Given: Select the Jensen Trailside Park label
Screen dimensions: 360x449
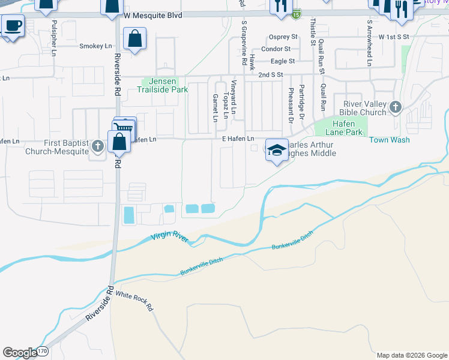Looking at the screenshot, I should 165,86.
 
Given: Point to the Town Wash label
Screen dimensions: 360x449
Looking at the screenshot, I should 389,140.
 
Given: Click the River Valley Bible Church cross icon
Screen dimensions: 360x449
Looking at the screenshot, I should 395,108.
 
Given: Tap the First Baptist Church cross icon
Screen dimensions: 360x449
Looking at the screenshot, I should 97,146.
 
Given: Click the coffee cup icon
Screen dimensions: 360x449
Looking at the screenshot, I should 13,26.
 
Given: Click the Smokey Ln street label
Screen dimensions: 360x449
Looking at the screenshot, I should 95,46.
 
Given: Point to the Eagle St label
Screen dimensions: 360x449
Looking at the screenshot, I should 283,61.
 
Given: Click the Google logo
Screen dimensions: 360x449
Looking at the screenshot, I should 20,353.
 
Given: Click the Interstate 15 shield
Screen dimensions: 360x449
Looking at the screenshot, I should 297,12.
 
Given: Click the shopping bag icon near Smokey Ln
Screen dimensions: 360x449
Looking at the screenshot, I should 135,41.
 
